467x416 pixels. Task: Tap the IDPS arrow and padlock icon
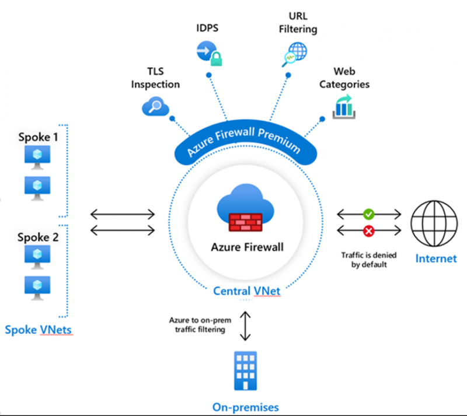208,54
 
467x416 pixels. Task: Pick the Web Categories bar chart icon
344,107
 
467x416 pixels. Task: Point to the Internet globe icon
435,223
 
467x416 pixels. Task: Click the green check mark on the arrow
368,214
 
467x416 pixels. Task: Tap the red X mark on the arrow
368,232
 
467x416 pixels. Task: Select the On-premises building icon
246,372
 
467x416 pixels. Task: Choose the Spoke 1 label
38,138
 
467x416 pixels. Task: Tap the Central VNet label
245,290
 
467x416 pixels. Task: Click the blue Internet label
436,258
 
